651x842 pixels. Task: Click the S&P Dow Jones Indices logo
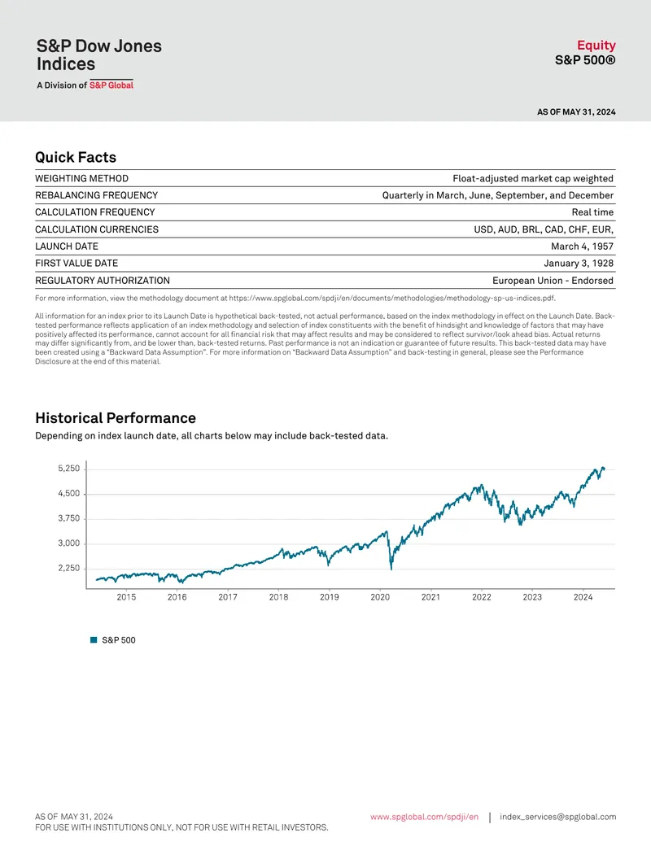click(x=98, y=63)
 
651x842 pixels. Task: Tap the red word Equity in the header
click(x=596, y=45)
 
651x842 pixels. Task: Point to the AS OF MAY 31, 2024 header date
click(x=576, y=111)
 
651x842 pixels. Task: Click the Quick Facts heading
click(x=76, y=157)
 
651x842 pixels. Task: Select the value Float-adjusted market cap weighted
click(x=533, y=178)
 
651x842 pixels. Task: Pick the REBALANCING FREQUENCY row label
click(x=97, y=195)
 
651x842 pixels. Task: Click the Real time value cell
click(x=592, y=212)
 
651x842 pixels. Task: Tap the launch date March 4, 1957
click(x=583, y=246)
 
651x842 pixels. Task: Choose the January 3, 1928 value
click(x=579, y=263)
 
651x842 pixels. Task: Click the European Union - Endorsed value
click(x=553, y=281)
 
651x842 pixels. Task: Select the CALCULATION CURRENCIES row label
click(x=97, y=229)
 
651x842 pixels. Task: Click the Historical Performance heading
click(x=116, y=418)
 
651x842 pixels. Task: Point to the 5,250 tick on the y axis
click(x=68, y=469)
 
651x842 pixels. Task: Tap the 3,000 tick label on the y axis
click(x=68, y=543)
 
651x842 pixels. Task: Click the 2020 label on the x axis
click(x=380, y=597)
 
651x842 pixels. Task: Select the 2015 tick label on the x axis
click(x=126, y=597)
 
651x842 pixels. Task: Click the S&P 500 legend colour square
click(x=94, y=639)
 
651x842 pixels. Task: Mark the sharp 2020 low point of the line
click(x=391, y=569)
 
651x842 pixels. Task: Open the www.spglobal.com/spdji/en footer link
click(x=424, y=817)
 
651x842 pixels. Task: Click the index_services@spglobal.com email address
click(x=558, y=817)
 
